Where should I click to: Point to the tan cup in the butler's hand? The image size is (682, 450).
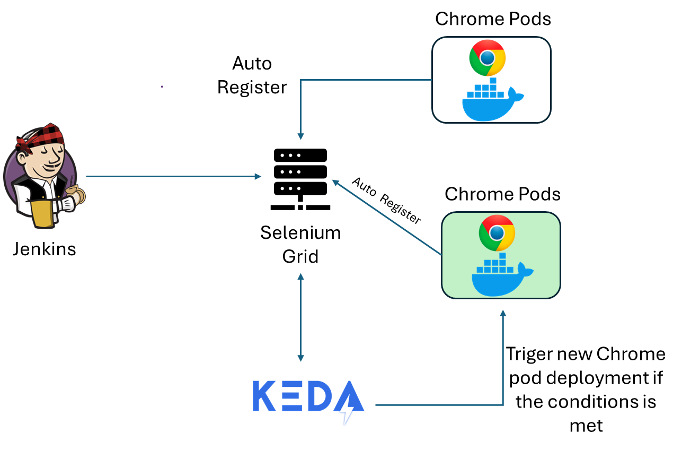[x=75, y=195]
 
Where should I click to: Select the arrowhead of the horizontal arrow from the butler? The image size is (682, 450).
[x=258, y=176]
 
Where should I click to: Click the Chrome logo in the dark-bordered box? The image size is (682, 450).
[x=488, y=57]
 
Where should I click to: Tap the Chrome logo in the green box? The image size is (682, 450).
[x=497, y=232]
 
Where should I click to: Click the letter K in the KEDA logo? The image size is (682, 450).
[x=264, y=396]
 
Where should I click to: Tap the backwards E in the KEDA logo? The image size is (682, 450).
[x=292, y=396]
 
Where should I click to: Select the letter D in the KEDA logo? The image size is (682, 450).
[x=320, y=396]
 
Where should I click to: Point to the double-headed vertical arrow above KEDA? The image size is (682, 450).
[x=300, y=317]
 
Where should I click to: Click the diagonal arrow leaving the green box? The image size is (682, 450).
[x=387, y=218]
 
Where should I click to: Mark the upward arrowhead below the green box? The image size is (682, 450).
[x=503, y=313]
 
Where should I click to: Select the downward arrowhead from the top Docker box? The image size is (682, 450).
[x=300, y=136]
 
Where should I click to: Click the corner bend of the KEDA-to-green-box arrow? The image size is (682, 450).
[x=503, y=405]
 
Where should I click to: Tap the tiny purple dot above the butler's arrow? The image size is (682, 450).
[x=162, y=86]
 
